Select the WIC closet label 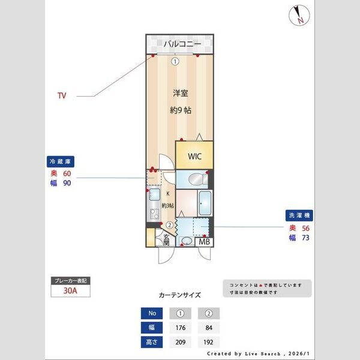point(194,156)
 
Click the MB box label point(205,242)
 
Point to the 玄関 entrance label point(166,240)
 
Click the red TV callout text point(62,95)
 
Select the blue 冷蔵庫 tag point(61,161)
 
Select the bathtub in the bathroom point(203,203)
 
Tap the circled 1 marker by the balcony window point(175,61)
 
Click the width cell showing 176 point(181,328)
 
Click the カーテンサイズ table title point(179,295)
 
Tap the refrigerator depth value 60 point(67,173)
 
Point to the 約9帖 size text point(180,110)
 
